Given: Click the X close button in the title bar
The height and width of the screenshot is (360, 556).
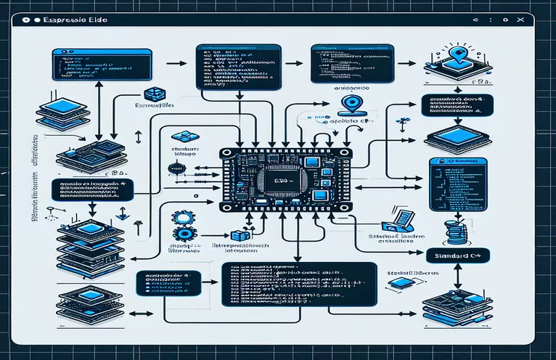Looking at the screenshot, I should click(520, 21).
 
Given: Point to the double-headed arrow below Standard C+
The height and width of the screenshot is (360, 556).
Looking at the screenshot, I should click(459, 275).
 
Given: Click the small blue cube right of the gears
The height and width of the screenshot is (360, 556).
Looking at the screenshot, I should click(237, 236).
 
